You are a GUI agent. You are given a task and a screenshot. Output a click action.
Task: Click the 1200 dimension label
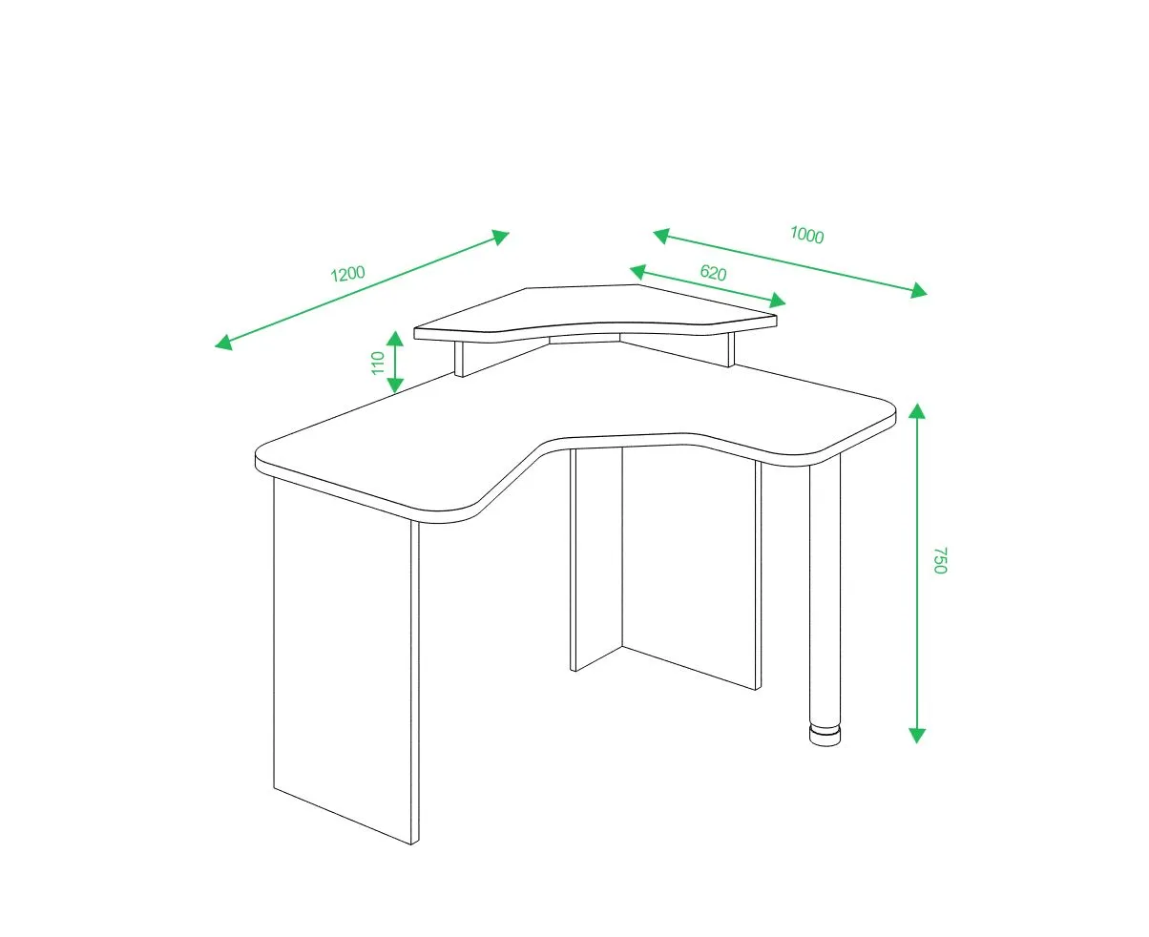click(x=347, y=273)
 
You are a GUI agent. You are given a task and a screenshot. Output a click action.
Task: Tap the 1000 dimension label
click(x=806, y=235)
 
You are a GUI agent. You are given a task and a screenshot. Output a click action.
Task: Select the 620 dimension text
click(x=713, y=272)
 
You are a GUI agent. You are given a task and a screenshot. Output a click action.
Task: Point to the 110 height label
click(x=378, y=363)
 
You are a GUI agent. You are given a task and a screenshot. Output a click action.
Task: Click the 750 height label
click(x=941, y=560)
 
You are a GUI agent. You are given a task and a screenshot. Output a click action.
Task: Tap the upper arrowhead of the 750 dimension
click(x=917, y=411)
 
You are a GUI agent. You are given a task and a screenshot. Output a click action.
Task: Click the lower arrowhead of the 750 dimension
click(x=917, y=736)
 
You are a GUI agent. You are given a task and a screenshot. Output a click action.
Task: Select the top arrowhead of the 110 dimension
click(x=395, y=339)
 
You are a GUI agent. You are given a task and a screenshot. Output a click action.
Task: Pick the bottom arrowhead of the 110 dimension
click(x=395, y=385)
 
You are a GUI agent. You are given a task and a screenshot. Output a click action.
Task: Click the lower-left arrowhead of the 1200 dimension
click(x=224, y=343)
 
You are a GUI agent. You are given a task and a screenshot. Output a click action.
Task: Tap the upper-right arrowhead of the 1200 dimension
click(x=500, y=237)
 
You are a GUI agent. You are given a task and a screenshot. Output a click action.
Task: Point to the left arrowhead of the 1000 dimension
click(x=661, y=236)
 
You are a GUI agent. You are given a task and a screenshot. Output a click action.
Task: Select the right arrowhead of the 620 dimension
click(x=777, y=301)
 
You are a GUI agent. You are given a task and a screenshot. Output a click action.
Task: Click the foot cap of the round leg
click(x=825, y=735)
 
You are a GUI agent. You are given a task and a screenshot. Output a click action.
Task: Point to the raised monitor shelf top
click(x=595, y=312)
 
